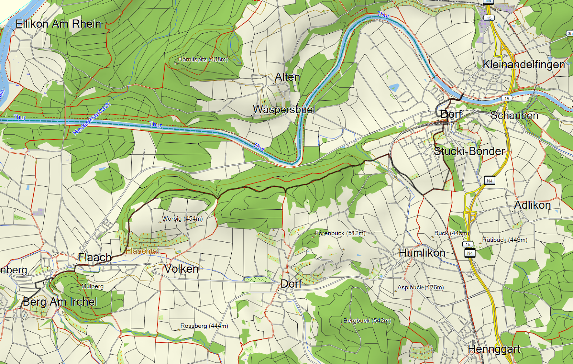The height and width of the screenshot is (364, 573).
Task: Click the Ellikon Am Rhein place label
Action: click(58, 24)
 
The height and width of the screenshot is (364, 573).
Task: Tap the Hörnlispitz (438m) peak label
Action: click(203, 59)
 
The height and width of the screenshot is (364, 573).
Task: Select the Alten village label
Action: click(287, 77)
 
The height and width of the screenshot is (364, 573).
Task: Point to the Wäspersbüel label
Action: click(284, 109)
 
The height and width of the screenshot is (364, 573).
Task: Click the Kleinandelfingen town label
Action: click(524, 64)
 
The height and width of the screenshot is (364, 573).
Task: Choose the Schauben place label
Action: click(514, 115)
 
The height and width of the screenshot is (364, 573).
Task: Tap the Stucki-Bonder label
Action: click(469, 151)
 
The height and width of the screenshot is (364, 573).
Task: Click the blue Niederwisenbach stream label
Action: click(92, 119)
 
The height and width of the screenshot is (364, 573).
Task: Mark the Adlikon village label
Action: click(532, 205)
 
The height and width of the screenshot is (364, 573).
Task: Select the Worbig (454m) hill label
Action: click(182, 219)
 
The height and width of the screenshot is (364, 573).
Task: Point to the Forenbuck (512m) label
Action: click(340, 233)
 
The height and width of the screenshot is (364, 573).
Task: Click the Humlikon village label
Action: click(422, 253)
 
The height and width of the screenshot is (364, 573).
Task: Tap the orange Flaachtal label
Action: click(143, 251)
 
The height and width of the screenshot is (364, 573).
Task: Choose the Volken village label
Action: click(181, 269)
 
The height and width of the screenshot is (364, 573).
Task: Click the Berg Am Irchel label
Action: click(60, 302)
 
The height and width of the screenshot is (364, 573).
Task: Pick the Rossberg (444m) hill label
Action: click(204, 326)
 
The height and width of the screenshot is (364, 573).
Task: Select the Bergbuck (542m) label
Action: click(367, 321)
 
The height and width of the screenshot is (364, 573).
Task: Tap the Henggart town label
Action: click(494, 349)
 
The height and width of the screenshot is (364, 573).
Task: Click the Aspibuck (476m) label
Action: click(420, 287)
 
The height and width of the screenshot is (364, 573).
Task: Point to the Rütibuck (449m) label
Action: click(505, 240)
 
